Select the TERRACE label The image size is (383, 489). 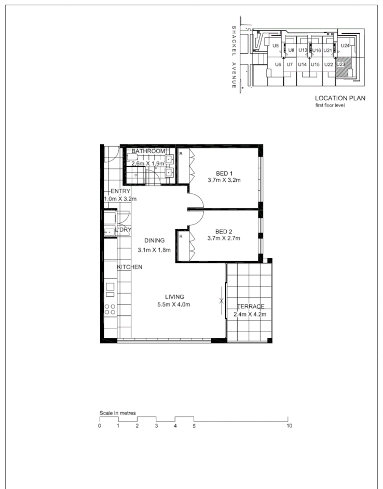tap(251, 307)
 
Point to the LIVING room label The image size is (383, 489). tap(175, 297)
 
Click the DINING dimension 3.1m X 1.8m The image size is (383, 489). tap(155, 249)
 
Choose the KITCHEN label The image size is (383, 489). tap(130, 267)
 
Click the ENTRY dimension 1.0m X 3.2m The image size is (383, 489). tap(120, 199)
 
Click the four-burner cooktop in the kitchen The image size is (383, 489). tap(110, 310)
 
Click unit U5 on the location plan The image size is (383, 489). tap(276, 46)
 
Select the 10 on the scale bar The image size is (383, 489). tap(289, 426)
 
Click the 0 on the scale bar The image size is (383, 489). tap(99, 426)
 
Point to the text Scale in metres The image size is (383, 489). tap(118, 413)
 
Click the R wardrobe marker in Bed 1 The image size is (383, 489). tap(181, 154)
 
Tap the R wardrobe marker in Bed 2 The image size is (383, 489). tap(181, 236)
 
